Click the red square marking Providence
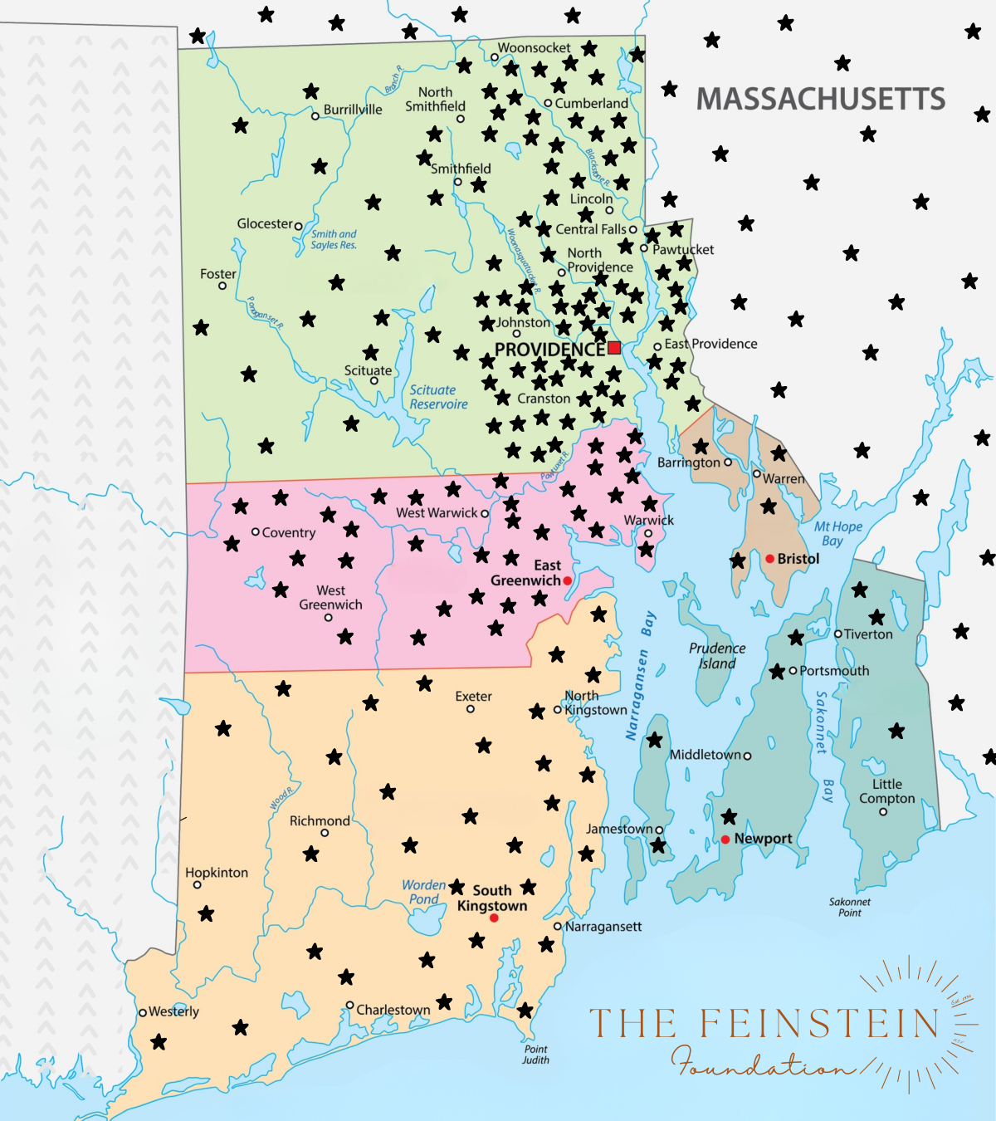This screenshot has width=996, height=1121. point(614,348)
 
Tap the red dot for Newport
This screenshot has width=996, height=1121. point(725,840)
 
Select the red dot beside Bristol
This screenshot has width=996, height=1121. point(769,559)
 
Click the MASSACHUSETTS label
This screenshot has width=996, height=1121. point(820,99)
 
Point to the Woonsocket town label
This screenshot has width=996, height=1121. point(534,48)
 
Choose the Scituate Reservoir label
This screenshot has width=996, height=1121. point(438,397)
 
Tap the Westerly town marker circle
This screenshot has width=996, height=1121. point(143,1012)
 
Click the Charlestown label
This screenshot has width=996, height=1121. point(393,1010)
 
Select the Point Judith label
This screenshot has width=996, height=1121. point(535,1055)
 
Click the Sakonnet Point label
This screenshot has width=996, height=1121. point(850,907)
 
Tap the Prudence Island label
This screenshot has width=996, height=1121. point(717,655)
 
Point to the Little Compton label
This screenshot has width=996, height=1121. point(886,791)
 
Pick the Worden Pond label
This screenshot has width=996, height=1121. point(423,892)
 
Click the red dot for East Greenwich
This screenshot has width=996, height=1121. point(568,581)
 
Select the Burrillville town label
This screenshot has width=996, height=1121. point(353,110)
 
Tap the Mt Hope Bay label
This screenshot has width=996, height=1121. point(837,533)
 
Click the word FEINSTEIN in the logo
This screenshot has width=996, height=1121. point(818,1023)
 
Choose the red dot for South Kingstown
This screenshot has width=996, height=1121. point(494,918)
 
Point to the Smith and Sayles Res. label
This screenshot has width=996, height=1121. point(334,239)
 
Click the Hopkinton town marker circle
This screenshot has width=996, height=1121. point(197,885)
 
